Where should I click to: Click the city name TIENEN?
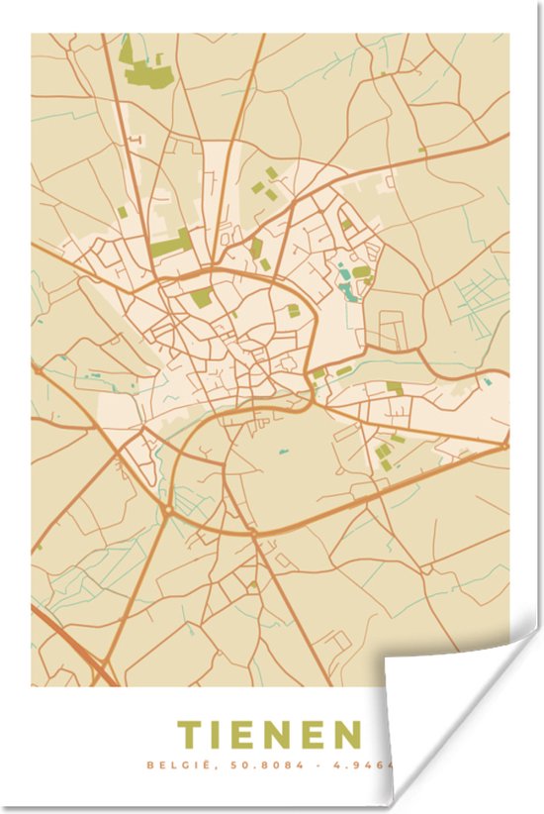point(268,735)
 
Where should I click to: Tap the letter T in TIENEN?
point(188,735)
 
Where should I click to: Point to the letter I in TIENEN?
point(220,735)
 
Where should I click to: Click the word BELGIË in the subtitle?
point(171,764)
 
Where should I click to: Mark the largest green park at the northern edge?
point(139,65)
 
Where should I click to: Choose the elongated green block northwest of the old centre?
point(170,244)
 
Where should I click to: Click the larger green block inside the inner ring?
point(201,298)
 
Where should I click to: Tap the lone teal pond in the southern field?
point(283,452)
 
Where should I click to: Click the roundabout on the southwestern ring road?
point(167,509)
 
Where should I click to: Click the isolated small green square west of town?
point(123,212)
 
